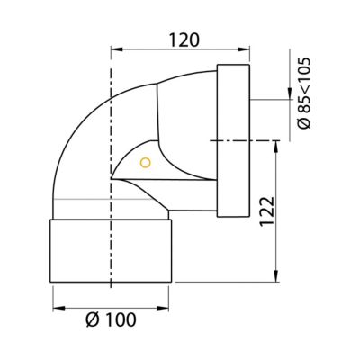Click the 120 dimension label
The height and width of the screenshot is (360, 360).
click(x=184, y=40)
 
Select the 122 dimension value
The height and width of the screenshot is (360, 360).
click(x=266, y=211)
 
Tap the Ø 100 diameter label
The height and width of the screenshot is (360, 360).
click(x=111, y=319)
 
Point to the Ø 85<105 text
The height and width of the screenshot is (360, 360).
click(x=304, y=94)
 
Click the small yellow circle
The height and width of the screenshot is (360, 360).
click(x=146, y=163)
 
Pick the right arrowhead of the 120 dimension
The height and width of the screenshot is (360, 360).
click(x=244, y=49)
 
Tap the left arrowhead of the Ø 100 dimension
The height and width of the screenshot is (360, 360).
click(x=58, y=308)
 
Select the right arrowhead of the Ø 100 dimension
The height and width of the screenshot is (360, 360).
click(x=163, y=308)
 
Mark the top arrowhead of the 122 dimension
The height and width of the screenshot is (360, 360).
click(x=276, y=147)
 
